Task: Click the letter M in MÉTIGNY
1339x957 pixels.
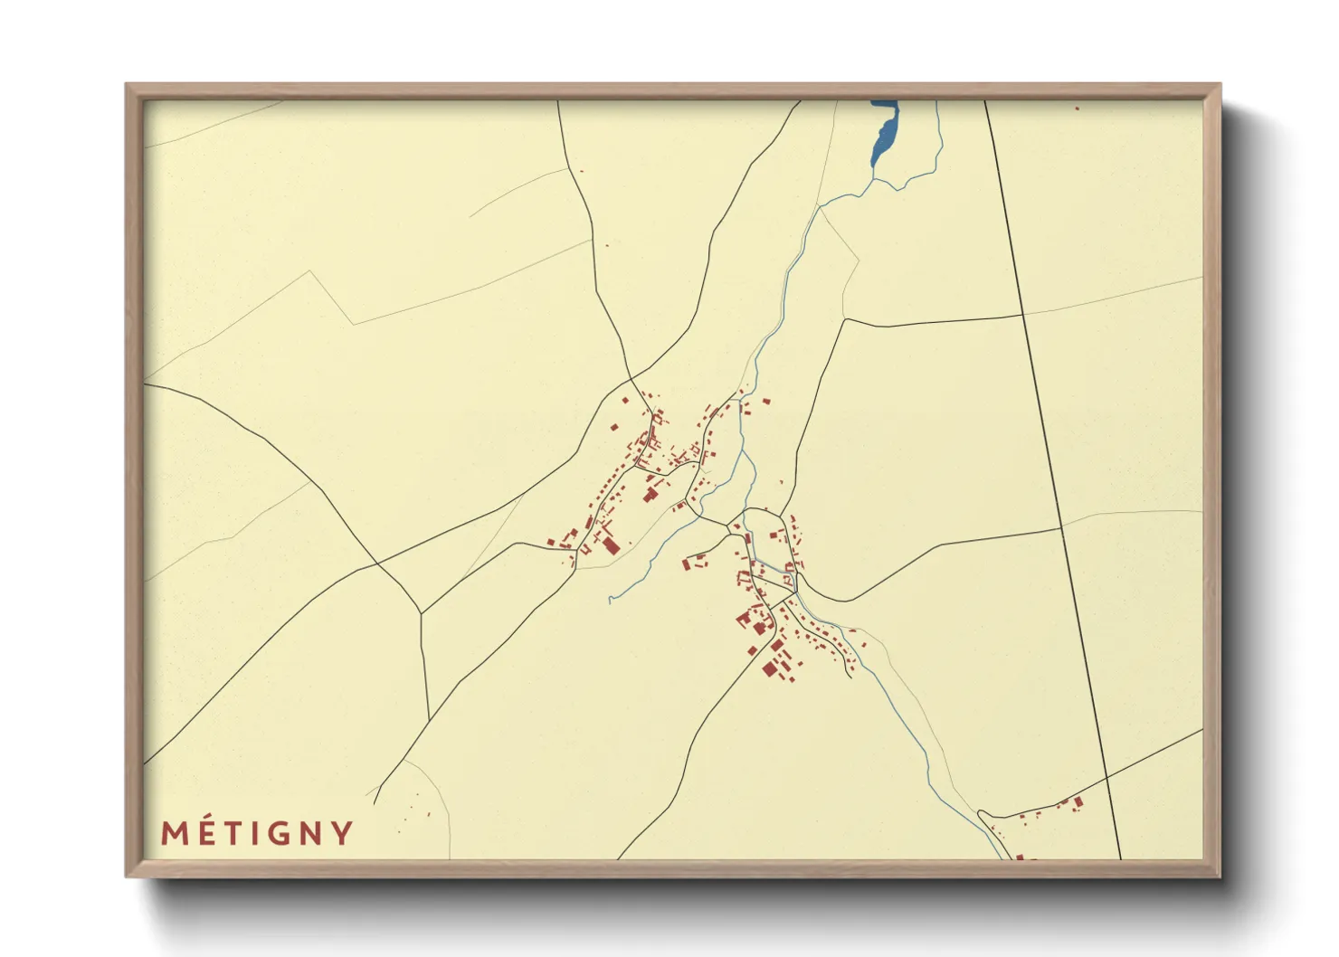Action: click(176, 833)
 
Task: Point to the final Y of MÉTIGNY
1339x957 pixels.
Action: click(342, 833)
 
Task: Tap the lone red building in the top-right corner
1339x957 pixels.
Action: click(1077, 109)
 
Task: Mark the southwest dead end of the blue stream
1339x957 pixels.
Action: click(610, 599)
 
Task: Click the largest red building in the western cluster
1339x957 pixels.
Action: click(610, 545)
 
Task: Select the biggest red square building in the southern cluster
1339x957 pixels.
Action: click(770, 668)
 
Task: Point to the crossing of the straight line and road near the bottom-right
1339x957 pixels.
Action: click(1106, 775)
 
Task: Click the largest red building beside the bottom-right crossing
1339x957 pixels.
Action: click(1078, 801)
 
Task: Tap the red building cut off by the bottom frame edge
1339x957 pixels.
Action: click(1020, 857)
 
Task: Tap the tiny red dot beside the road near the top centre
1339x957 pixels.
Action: click(581, 171)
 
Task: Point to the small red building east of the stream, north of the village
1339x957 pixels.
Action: click(766, 401)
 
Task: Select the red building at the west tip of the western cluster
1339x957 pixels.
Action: click(550, 543)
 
